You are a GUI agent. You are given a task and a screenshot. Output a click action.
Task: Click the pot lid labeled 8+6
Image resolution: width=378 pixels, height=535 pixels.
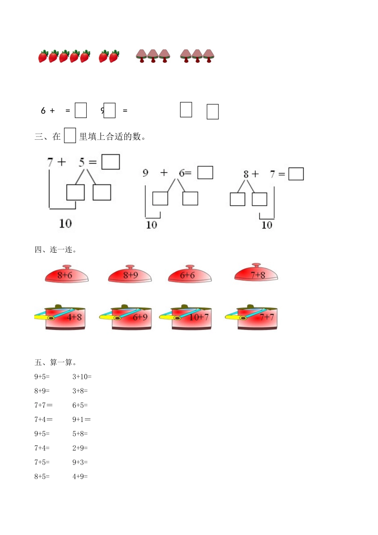(66, 275)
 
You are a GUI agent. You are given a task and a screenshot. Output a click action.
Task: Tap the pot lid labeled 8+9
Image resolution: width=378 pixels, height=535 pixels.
(130, 275)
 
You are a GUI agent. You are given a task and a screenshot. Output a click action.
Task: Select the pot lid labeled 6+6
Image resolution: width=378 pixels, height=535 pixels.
(189, 275)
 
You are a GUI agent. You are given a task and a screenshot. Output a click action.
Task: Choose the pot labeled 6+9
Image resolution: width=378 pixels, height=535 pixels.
(131, 318)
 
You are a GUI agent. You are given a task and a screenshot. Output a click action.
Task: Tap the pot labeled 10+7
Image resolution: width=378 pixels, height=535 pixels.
(191, 318)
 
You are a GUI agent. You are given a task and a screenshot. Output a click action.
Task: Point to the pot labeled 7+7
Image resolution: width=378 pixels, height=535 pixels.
(257, 318)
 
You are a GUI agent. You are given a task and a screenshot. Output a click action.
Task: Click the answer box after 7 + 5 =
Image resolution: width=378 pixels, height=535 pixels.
(111, 162)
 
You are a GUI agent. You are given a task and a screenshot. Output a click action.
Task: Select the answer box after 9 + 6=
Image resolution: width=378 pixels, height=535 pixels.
(205, 173)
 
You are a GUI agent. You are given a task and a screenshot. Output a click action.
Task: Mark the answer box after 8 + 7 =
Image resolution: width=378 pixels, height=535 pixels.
(296, 174)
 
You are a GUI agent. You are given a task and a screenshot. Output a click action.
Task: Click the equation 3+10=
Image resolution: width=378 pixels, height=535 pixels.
(82, 377)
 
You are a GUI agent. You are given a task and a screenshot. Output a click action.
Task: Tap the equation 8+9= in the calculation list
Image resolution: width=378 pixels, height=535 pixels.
(42, 391)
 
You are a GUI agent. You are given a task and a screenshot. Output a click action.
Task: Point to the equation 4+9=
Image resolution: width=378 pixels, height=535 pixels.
(80, 476)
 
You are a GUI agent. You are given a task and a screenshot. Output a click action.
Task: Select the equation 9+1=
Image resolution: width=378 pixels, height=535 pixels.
(82, 420)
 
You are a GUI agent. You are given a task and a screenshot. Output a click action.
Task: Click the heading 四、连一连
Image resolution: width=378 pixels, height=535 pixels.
(56, 250)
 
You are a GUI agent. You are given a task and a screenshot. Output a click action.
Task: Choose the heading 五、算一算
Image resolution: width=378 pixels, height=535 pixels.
(56, 363)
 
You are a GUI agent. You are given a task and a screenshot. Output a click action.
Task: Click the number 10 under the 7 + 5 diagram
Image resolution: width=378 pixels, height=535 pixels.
(65, 223)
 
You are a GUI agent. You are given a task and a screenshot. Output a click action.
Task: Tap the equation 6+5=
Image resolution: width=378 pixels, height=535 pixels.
(80, 405)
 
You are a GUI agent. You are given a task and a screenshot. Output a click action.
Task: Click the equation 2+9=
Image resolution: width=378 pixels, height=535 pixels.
(80, 448)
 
